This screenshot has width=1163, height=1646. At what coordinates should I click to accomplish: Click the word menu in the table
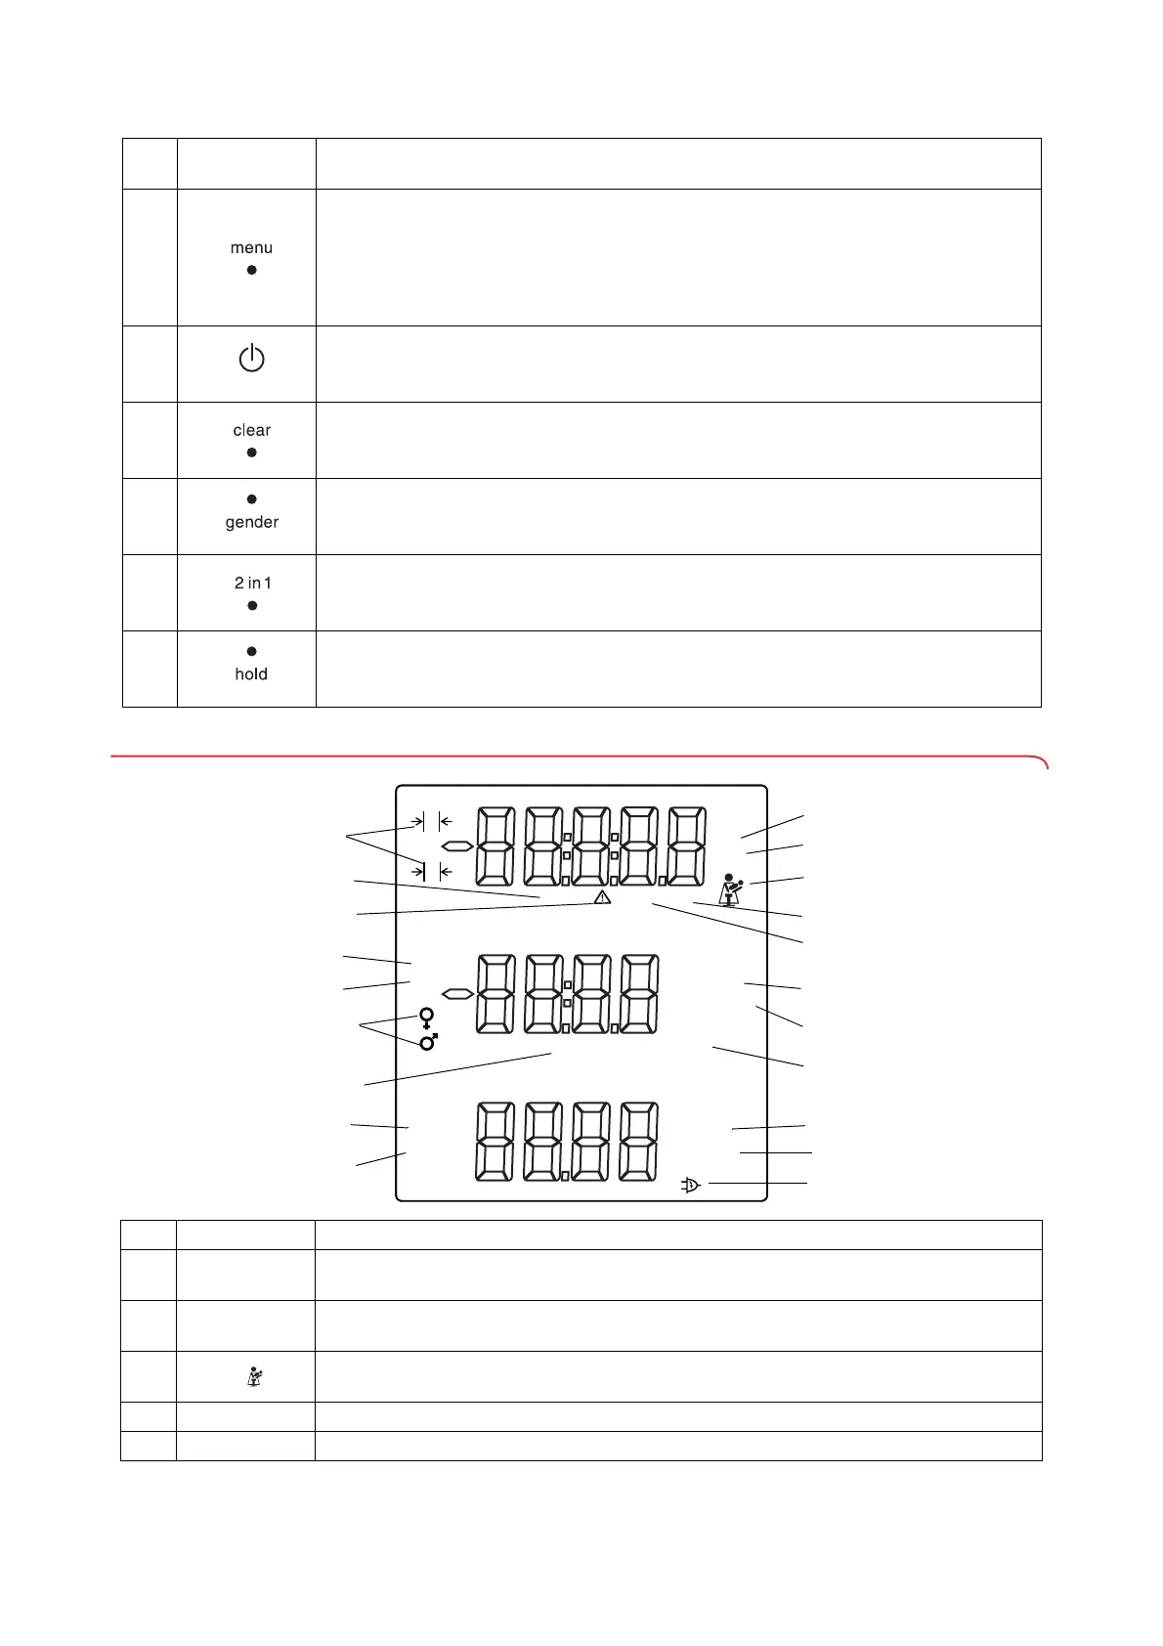click(251, 248)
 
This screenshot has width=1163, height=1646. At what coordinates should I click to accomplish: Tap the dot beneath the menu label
click(251, 270)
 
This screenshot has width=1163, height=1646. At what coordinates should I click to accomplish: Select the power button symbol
click(251, 359)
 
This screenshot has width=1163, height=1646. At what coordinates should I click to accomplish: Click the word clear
click(251, 430)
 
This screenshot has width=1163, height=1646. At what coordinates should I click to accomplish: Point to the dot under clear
click(251, 453)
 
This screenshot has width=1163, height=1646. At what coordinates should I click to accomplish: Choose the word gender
click(252, 522)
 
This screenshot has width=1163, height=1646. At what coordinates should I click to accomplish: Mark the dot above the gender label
click(252, 499)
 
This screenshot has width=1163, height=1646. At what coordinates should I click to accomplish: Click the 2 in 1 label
click(252, 583)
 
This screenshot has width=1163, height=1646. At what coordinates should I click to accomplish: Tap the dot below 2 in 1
click(252, 606)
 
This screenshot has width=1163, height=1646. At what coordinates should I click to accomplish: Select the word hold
click(251, 674)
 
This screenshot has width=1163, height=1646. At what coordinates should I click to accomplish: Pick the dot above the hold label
click(251, 651)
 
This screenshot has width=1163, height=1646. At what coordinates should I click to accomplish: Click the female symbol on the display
click(426, 1018)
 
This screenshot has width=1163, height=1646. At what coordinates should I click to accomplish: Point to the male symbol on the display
click(428, 1042)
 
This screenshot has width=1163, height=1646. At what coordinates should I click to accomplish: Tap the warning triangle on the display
click(602, 896)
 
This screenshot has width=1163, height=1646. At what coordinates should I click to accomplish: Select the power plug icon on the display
click(690, 1186)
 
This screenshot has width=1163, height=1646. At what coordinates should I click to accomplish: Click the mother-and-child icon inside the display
click(730, 889)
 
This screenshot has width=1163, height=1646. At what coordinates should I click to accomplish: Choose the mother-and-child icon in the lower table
click(254, 1377)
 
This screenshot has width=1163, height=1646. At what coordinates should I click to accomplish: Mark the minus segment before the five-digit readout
click(456, 845)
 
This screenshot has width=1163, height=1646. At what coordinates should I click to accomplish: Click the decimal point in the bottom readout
click(565, 1174)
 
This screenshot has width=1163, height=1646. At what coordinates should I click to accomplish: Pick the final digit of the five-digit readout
click(686, 845)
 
